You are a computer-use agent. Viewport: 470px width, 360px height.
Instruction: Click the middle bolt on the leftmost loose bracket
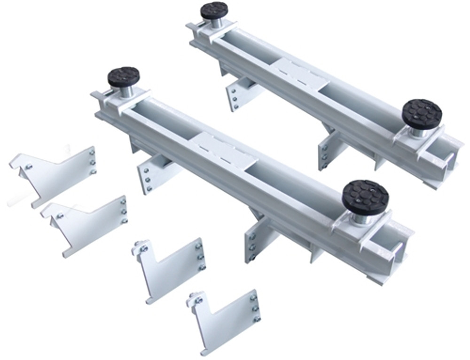(93, 162)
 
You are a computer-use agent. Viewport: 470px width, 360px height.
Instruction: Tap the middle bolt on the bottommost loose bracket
(256, 308)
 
